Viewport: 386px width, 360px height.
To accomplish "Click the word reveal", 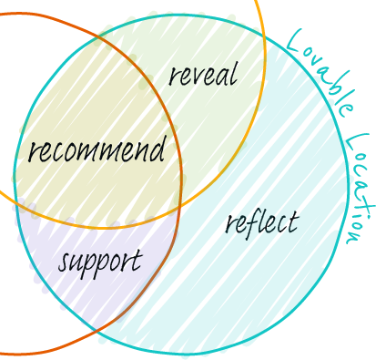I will (x=202, y=74).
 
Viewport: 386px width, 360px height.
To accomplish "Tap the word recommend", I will (x=96, y=150).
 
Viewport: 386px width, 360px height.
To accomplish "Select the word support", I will (x=100, y=262).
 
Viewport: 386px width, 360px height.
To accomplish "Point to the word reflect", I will (x=261, y=221).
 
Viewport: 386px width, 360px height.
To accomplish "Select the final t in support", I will (x=137, y=262).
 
